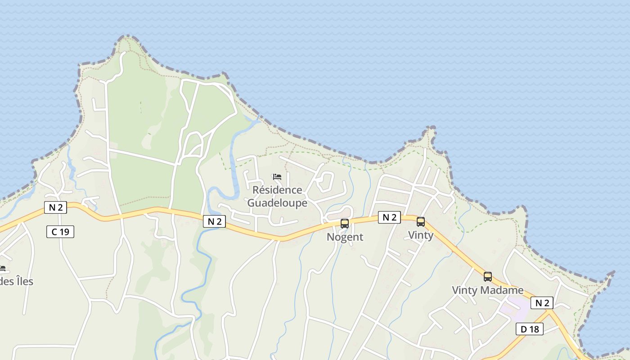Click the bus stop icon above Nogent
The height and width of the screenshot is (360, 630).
coord(345,223)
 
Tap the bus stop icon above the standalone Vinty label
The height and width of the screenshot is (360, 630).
coord(421,221)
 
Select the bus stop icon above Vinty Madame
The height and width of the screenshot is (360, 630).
coord(488,276)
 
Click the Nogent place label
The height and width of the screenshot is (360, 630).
coord(345,237)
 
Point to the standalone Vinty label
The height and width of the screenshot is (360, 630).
coord(421,235)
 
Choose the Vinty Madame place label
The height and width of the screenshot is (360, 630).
coord(488,290)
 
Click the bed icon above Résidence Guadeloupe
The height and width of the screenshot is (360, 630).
coord(277,177)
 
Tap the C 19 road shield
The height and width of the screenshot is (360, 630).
coord(60,232)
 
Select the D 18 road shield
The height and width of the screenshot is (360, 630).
coord(530,329)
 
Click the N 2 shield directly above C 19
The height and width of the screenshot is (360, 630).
coord(56,207)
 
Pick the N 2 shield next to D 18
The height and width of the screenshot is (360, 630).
coord(542,303)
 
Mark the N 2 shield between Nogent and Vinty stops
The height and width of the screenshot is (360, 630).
coord(389,217)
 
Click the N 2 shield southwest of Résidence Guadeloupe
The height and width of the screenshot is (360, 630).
coord(214,221)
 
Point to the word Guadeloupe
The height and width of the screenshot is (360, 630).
coord(277,203)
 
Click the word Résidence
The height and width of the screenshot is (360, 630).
coord(277,190)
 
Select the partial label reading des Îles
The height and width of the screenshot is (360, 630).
coord(17,282)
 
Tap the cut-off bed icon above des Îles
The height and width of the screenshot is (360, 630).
coord(2,269)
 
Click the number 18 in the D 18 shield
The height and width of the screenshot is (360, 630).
coord(534,329)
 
